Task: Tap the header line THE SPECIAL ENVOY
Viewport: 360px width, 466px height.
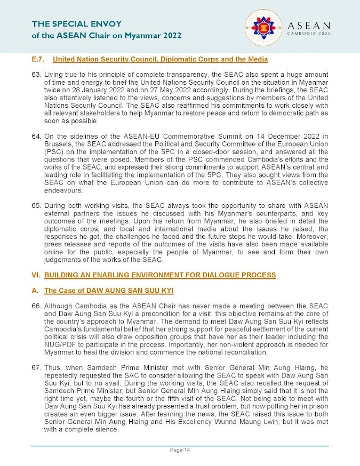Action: click(x=77, y=24)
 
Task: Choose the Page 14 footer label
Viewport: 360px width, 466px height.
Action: click(x=180, y=451)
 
